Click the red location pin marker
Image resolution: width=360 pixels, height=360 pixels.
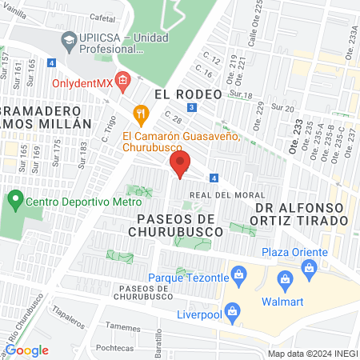click(179, 166)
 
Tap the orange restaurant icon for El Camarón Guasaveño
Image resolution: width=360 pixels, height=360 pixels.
click(142, 114)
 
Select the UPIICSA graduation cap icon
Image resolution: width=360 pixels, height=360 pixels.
click(69, 39)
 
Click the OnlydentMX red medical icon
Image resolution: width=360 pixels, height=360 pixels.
click(122, 78)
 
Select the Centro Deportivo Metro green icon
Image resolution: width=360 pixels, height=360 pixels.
click(15, 197)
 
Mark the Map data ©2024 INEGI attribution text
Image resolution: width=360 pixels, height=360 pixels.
click(310, 354)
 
